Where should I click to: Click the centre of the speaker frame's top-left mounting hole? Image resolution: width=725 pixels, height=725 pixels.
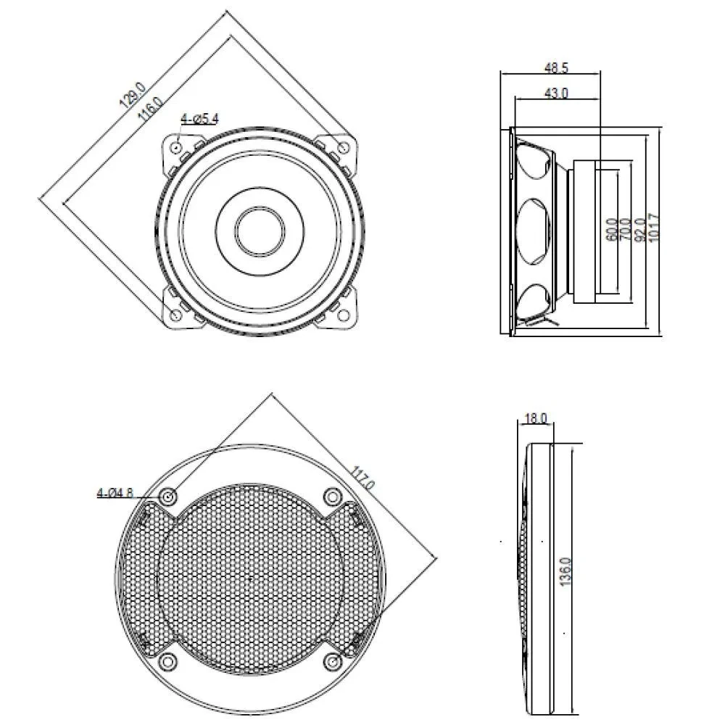click(x=177, y=147)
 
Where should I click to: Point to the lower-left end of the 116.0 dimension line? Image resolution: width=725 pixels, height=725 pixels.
click(x=63, y=202)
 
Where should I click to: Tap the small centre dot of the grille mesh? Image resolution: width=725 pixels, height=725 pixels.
click(x=249, y=579)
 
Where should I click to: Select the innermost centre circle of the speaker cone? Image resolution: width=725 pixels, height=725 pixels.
click(x=260, y=229)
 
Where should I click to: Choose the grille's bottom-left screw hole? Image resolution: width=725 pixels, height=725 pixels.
click(x=168, y=662)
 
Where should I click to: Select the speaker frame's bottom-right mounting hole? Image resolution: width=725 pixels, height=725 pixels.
click(x=343, y=315)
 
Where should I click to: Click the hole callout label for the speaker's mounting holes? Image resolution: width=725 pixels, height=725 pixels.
click(x=199, y=119)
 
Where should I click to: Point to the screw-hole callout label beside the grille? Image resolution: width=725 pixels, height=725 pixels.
click(x=115, y=493)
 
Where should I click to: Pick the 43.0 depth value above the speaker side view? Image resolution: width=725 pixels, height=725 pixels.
click(x=556, y=93)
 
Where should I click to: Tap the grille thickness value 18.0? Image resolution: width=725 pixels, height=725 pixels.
click(x=536, y=418)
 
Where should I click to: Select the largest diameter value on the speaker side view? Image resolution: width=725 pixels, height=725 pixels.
click(x=654, y=227)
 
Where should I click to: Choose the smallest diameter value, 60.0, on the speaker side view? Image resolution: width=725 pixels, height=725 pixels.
click(x=611, y=230)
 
